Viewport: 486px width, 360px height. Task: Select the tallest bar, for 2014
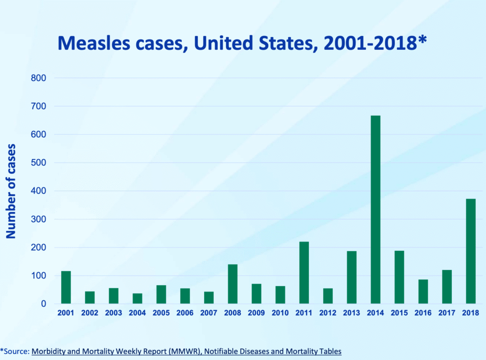tap(375, 209)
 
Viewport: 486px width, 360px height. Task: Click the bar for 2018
tap(470, 251)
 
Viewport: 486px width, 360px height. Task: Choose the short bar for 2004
tap(137, 298)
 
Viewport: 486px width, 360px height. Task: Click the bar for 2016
tap(423, 291)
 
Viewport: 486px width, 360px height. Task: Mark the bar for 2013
tap(352, 277)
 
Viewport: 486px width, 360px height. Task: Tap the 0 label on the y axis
tap(42, 304)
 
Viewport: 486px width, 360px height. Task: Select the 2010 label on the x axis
tap(280, 313)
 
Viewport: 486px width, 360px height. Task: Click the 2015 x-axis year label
tap(399, 313)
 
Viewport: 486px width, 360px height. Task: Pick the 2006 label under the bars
tap(185, 313)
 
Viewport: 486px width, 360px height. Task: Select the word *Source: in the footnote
tap(15, 351)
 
